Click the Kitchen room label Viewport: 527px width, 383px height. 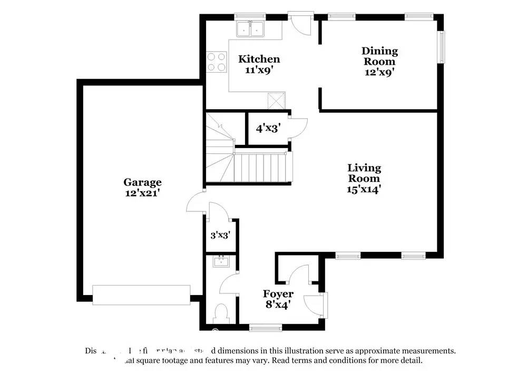coord(259,59)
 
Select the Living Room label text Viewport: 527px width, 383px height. coord(364,173)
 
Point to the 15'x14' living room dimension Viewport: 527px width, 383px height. coord(364,189)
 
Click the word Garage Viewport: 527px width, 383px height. coord(142,182)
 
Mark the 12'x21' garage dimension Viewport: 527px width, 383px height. coord(142,193)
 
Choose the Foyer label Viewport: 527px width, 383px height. coord(278,294)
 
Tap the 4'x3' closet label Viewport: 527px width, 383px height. coord(268,127)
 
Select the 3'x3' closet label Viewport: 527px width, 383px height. coord(221,235)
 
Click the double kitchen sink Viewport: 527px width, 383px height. coord(251,29)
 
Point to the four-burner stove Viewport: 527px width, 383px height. coord(215,62)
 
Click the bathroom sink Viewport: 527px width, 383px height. coord(221,261)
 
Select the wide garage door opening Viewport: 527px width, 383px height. coord(141,295)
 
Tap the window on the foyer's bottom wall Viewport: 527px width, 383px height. coord(261,329)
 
